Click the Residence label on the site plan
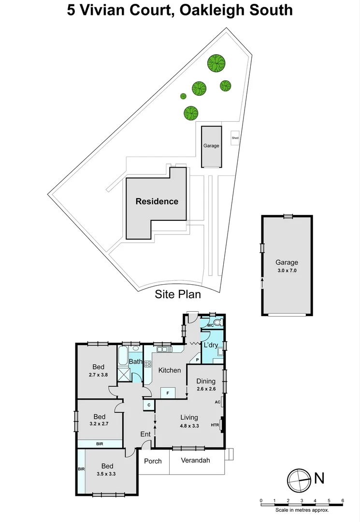pyautogui.click(x=157, y=202)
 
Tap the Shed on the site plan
pyautogui.click(x=235, y=138)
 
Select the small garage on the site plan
pyautogui.click(x=211, y=145)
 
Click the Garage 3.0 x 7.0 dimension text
pyautogui.click(x=286, y=271)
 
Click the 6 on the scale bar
pyautogui.click(x=342, y=500)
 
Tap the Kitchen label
pyautogui.click(x=170, y=370)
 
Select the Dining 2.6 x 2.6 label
pyautogui.click(x=205, y=385)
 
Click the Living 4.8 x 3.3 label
pyautogui.click(x=189, y=421)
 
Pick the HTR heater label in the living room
pyautogui.click(x=215, y=425)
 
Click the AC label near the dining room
pyautogui.click(x=217, y=402)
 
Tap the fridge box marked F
pyautogui.click(x=168, y=393)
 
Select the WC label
pyautogui.click(x=210, y=325)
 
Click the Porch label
pyautogui.click(x=153, y=461)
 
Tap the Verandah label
pyautogui.click(x=195, y=461)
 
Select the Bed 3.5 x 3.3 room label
pyautogui.click(x=107, y=470)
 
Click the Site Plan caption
pyautogui.click(x=177, y=294)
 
